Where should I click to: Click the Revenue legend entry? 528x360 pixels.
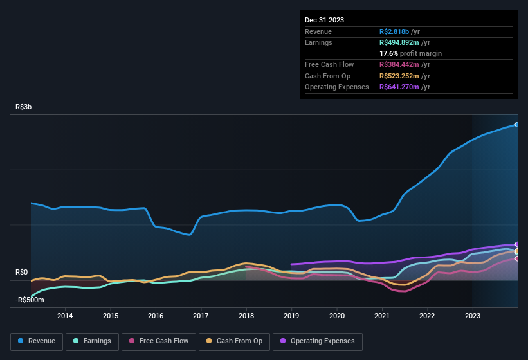(37, 341)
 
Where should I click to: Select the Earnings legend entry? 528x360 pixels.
(92, 341)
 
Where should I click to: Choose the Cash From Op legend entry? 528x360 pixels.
(233, 341)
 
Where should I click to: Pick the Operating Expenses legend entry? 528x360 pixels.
(317, 341)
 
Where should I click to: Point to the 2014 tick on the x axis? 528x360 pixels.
(64, 316)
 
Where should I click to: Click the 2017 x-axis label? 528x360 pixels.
(201, 316)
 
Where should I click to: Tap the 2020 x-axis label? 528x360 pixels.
(336, 316)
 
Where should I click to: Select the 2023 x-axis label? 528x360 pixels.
(472, 316)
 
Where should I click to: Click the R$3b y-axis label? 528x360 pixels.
(24, 107)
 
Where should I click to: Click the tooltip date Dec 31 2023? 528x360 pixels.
(324, 20)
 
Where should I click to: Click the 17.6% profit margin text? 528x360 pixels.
(410, 53)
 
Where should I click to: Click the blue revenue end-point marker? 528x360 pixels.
(516, 124)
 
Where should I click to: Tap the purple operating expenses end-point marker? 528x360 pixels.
(516, 244)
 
